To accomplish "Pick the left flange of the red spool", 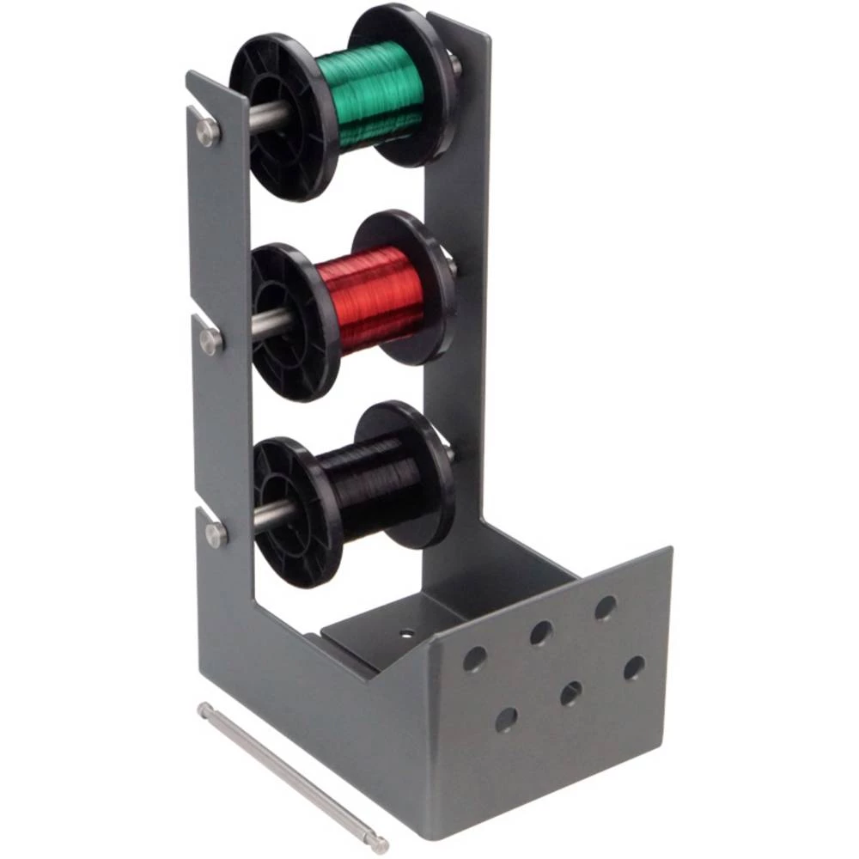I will click(292, 318).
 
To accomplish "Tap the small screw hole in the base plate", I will click(406, 635).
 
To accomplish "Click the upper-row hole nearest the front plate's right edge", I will click(605, 608).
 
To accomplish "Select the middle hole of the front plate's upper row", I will click(540, 634).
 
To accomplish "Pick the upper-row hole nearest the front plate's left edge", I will click(474, 659).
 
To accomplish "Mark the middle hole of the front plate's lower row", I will click(570, 693).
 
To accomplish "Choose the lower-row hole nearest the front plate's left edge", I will click(506, 719).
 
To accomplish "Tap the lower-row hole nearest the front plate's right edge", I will click(634, 667).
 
